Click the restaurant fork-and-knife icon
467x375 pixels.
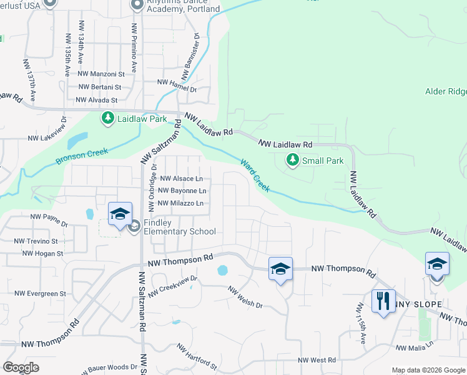click(x=383, y=301)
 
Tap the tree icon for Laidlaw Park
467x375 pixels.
click(x=107, y=117)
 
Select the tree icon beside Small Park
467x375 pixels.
click(x=292, y=160)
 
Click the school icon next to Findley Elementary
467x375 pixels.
click(x=120, y=214)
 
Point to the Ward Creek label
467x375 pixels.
click(x=255, y=175)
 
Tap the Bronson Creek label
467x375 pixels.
click(x=82, y=156)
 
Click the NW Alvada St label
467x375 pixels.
click(x=96, y=100)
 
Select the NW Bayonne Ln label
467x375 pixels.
click(x=182, y=191)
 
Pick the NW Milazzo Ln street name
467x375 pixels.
click(x=181, y=203)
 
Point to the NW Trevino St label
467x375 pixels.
click(x=36, y=241)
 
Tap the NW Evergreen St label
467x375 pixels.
click(x=41, y=293)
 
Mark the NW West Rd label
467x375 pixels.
click(x=317, y=360)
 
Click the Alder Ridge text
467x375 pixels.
click(x=445, y=91)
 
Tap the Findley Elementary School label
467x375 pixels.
click(x=180, y=227)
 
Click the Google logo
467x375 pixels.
click(x=21, y=367)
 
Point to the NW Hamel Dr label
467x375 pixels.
click(x=177, y=82)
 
